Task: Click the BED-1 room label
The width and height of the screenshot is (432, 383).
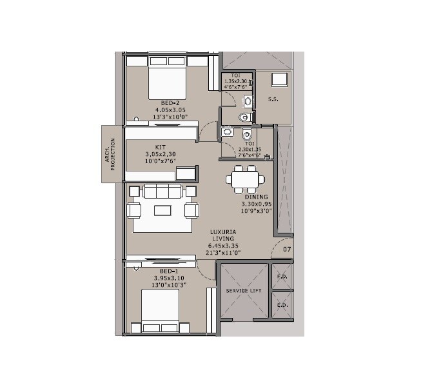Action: (160, 271)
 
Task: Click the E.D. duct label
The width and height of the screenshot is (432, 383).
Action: (282, 305)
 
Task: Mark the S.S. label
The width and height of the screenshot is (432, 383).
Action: (273, 99)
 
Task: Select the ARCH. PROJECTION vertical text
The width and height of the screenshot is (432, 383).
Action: (111, 153)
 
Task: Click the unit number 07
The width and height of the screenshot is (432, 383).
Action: (287, 248)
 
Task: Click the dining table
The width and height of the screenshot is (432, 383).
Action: (244, 179)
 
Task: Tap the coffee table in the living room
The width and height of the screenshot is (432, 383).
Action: (162, 210)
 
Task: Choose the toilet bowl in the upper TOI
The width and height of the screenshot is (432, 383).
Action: (242, 117)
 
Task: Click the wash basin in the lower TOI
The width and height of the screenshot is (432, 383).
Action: (226, 132)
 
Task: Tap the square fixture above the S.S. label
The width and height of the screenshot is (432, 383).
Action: (280, 80)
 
